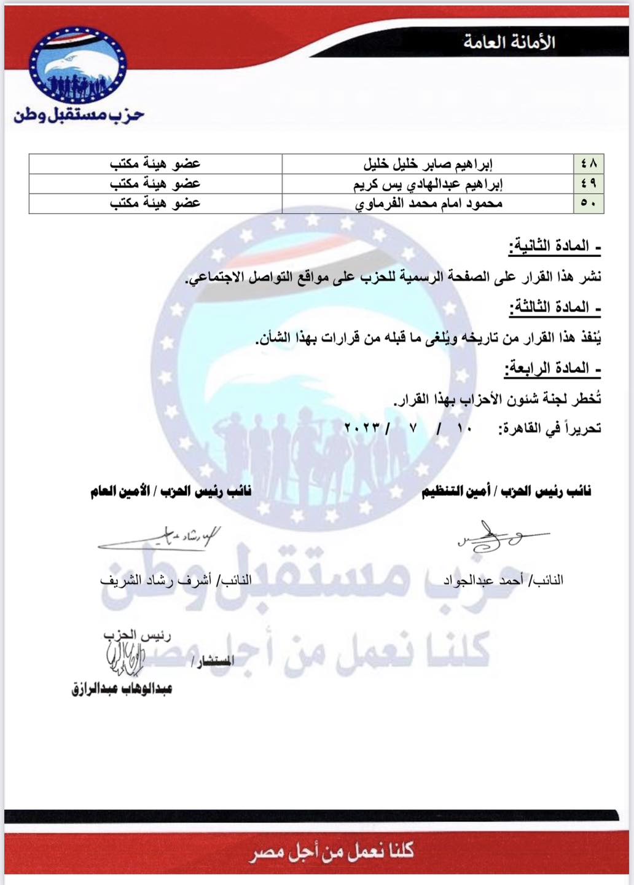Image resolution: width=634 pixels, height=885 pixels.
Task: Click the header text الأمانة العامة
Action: pos(509,43)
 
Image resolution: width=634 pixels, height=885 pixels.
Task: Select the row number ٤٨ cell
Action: pos(588,164)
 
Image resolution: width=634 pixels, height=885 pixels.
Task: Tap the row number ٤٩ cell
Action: pos(588,184)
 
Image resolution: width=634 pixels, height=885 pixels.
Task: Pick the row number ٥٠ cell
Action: pos(588,203)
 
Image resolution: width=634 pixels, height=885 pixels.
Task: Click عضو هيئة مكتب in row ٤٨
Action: pos(155,164)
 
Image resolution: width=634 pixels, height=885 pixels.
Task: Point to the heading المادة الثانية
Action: pos(554,247)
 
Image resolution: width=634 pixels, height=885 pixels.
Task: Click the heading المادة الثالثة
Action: pos(554,307)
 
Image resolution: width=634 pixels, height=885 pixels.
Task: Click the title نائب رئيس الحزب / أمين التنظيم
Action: pos(506,492)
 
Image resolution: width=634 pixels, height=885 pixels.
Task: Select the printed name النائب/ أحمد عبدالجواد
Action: pos(503,580)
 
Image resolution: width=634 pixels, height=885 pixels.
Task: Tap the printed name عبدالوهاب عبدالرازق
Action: pos(122,689)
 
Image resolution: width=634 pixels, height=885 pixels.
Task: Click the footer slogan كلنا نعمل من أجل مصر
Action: pos(331,852)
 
